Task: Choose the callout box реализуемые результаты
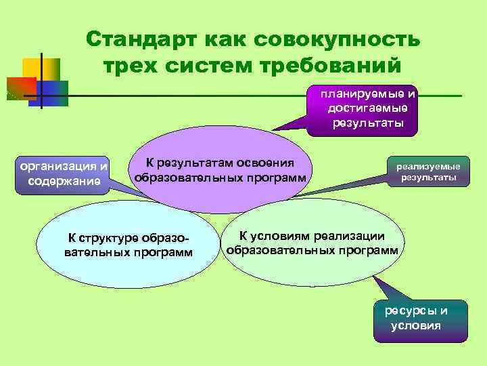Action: point(427,173)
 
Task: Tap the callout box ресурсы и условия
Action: point(420,319)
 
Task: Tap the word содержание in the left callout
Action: point(64,181)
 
